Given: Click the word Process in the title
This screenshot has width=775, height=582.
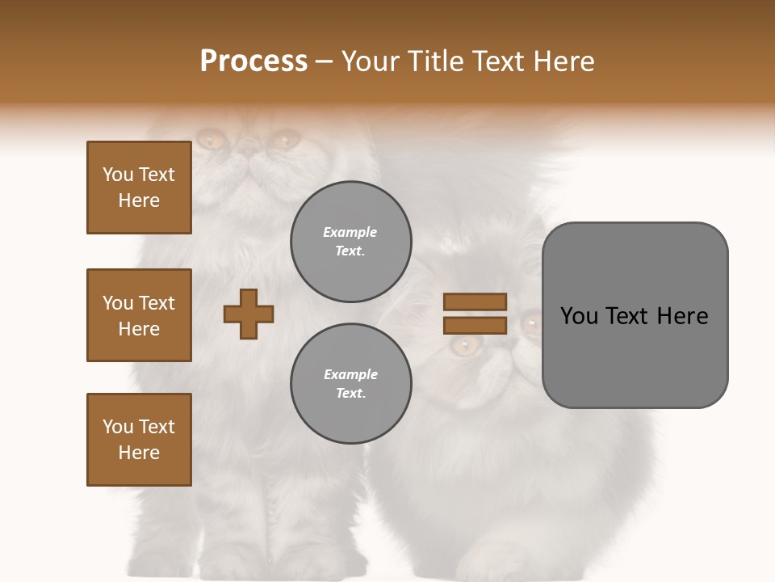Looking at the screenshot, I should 253,61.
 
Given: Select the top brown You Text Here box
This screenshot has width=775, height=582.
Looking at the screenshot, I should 139,188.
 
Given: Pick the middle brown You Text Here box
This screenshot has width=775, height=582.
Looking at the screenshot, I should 139,315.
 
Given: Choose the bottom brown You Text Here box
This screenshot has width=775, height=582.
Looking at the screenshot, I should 139,440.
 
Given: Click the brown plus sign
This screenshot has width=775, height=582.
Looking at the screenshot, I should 249,314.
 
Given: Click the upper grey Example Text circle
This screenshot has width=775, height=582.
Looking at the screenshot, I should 351,242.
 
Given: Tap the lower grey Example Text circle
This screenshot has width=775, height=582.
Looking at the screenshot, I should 351,384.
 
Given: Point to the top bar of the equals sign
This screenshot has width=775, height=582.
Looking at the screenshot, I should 475,302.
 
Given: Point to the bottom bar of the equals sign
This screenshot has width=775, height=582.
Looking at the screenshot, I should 475,326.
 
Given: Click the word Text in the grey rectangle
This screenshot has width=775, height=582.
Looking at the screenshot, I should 628,316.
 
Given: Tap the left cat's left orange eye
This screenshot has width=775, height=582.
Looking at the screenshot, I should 212,141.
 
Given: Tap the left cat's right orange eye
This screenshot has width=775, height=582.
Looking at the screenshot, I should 283,141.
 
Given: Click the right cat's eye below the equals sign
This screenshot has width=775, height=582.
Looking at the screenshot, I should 464,346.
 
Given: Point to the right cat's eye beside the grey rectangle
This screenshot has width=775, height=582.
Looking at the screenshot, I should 531,324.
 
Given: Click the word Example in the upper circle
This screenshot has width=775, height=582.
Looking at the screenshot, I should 350,232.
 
